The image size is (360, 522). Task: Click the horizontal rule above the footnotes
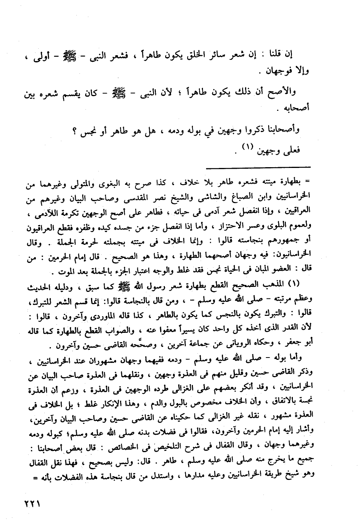coord(259,167)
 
